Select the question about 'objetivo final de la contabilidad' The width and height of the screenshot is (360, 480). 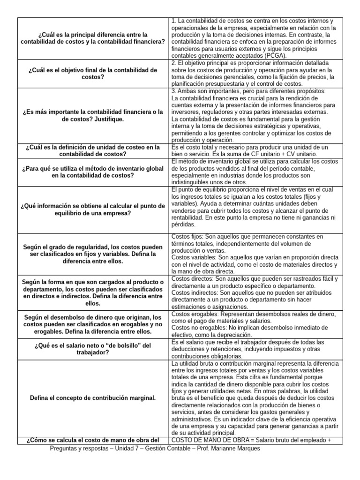pos(92,73)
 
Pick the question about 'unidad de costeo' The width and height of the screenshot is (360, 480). pos(92,150)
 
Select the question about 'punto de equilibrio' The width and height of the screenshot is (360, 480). pos(92,210)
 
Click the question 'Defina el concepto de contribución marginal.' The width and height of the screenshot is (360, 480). pos(92,397)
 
